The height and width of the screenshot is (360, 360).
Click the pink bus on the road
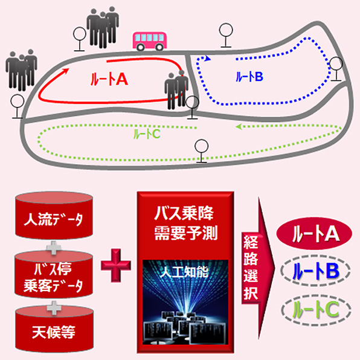click(x=149, y=41)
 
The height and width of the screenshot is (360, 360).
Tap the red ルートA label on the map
click(x=109, y=80)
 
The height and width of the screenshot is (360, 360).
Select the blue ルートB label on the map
click(x=249, y=77)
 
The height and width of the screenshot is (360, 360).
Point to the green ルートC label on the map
click(x=147, y=134)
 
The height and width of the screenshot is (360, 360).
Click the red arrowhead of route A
click(x=66, y=71)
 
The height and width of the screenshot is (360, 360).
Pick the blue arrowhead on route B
click(x=208, y=59)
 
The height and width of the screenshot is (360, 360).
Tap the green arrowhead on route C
click(x=239, y=126)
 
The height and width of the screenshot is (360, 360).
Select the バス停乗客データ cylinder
click(x=54, y=275)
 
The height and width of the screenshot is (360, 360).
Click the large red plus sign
click(x=116, y=265)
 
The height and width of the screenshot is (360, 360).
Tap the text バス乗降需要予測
click(x=185, y=223)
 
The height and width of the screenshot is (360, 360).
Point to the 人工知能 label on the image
click(x=185, y=272)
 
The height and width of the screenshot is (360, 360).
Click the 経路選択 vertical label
click(x=251, y=268)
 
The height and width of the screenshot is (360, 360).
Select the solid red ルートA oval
click(x=314, y=234)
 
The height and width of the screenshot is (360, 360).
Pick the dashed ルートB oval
click(x=315, y=271)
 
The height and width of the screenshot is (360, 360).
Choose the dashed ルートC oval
click(x=316, y=309)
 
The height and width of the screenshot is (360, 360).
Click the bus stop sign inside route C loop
click(x=202, y=151)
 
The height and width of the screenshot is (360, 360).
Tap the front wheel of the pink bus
click(x=159, y=47)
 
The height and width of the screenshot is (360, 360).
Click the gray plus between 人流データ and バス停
click(x=54, y=248)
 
